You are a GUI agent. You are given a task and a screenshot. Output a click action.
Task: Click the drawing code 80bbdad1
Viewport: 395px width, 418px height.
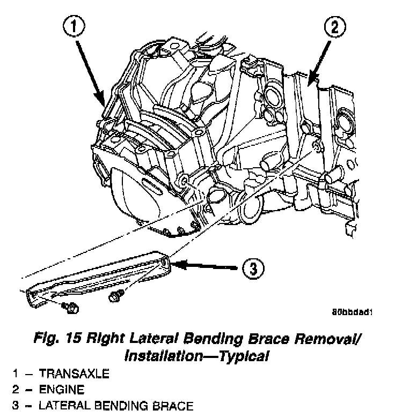(x=352, y=311)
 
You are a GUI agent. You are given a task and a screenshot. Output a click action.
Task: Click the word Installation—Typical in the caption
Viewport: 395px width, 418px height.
(x=196, y=355)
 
